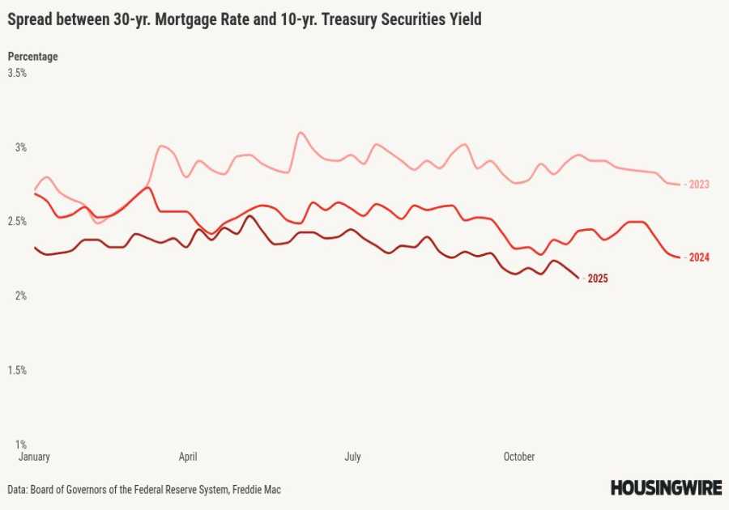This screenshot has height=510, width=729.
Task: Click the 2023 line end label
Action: (699, 185)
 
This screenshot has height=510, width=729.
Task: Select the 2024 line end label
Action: (699, 257)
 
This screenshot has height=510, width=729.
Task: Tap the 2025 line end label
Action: (598, 278)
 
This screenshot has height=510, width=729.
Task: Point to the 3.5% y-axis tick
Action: (17, 73)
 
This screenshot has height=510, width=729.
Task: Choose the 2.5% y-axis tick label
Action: (17, 221)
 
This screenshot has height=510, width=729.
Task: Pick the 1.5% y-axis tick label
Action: (17, 370)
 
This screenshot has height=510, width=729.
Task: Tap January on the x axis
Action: (34, 457)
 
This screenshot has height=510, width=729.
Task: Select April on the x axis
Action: (188, 457)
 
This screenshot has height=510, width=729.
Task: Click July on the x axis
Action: (352, 457)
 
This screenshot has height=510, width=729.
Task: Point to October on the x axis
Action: (519, 457)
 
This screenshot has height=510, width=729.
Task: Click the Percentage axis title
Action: (32, 57)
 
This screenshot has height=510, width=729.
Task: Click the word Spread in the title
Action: (31, 19)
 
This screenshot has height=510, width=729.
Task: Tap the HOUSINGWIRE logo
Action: (665, 487)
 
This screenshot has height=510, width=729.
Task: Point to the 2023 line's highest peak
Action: (301, 132)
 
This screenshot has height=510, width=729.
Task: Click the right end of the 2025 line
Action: (578, 278)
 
